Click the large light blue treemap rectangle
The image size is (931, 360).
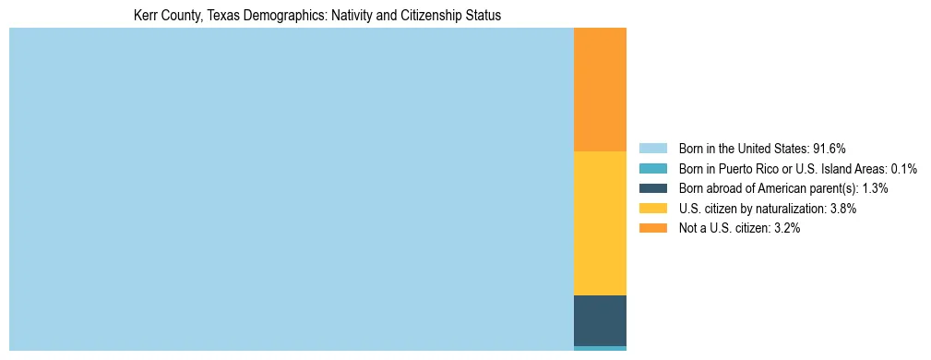point(291,189)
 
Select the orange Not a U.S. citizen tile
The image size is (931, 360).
point(600,90)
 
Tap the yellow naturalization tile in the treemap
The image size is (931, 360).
point(600,223)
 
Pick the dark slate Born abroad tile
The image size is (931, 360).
point(600,320)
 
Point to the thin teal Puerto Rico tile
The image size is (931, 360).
point(600,348)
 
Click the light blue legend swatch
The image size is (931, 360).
point(652,148)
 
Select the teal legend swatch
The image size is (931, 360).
point(652,168)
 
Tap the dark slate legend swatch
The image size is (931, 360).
point(652,188)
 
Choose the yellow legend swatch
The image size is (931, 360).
point(652,209)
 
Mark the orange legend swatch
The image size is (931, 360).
point(652,229)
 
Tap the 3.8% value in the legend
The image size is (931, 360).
point(842,209)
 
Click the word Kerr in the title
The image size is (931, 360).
point(147,16)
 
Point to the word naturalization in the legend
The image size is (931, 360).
point(790,209)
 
